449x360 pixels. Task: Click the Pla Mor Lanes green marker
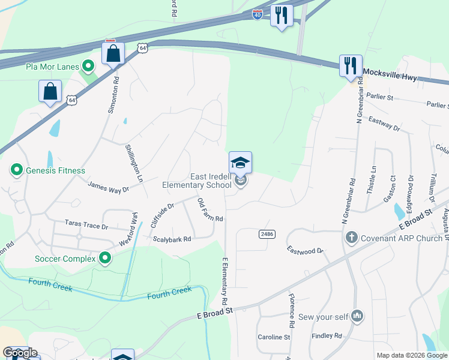(88, 66)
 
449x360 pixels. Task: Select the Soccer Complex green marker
(105, 259)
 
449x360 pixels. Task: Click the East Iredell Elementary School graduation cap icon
(240, 163)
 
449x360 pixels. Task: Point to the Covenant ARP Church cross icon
(352, 238)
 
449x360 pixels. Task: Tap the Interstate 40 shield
(257, 14)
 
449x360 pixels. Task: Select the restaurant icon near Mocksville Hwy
(351, 65)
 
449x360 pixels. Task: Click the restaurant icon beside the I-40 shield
(281, 14)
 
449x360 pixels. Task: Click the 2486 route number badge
(267, 233)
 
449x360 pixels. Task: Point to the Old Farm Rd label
(211, 210)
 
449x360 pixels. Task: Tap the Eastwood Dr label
(305, 250)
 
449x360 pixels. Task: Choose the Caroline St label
(274, 337)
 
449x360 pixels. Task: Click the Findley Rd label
(327, 336)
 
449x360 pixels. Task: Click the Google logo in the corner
(20, 353)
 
